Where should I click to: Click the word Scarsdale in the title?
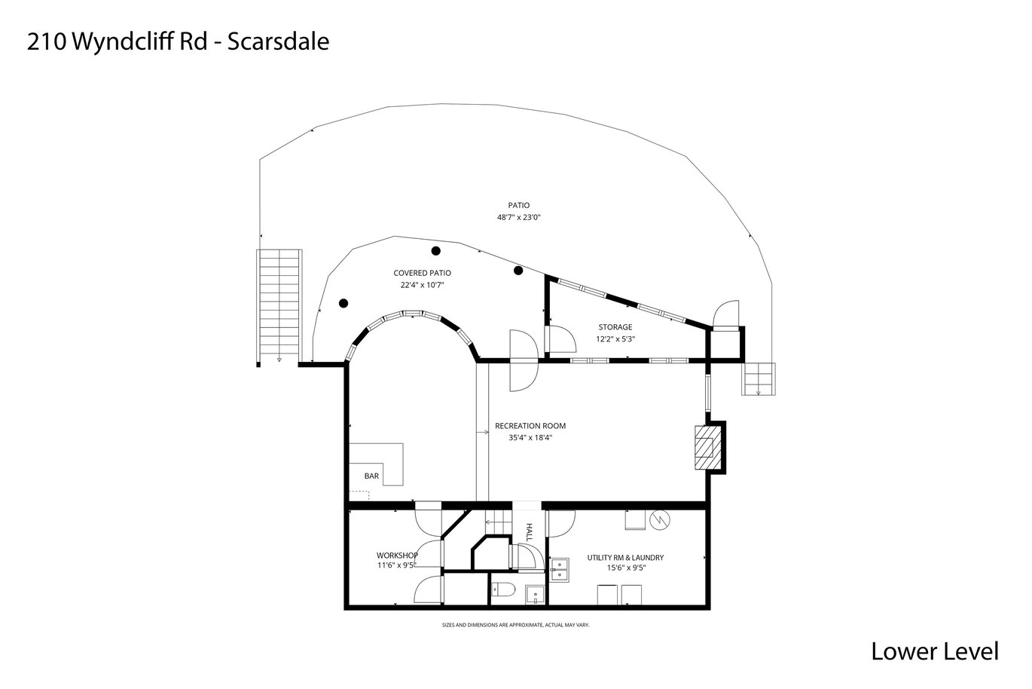coord(278,41)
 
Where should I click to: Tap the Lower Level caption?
coord(935,651)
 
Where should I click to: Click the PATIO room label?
coord(519,205)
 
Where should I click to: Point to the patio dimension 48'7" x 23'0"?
coord(518,217)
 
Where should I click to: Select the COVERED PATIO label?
coord(422,273)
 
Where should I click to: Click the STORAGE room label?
coord(615,327)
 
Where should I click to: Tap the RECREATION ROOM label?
coord(530,426)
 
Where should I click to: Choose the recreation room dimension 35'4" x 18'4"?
coord(530,438)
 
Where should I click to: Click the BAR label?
coord(371,476)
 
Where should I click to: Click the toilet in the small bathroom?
coord(502,589)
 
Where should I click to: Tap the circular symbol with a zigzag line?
coord(660,520)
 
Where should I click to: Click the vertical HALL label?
coord(529,532)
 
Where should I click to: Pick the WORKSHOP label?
coord(397,556)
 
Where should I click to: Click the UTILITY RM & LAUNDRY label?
coord(625,558)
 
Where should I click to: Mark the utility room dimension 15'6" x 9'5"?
coord(626,568)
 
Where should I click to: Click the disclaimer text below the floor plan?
coord(515,626)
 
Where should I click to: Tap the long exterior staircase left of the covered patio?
coord(279,308)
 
